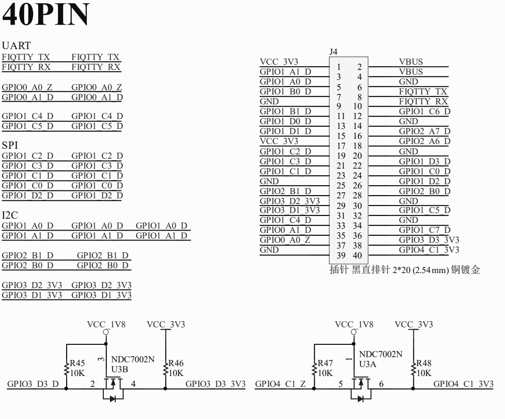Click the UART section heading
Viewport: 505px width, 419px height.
click(16, 45)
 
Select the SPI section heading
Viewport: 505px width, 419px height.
click(9, 145)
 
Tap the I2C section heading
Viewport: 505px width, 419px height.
click(9, 215)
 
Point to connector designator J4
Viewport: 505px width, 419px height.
click(333, 51)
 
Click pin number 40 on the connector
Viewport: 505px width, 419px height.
click(357, 255)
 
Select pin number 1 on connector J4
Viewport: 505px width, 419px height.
click(339, 67)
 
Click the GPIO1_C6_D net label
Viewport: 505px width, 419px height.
click(424, 111)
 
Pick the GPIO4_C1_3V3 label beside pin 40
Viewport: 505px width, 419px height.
click(429, 250)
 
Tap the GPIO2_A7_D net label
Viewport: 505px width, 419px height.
click(424, 131)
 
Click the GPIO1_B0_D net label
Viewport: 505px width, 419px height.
click(286, 92)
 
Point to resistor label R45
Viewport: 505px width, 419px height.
click(77, 363)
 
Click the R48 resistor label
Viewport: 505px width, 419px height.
click(424, 363)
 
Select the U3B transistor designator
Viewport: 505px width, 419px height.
click(119, 369)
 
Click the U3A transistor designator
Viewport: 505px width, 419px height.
click(368, 364)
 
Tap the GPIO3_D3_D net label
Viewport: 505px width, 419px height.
click(33, 384)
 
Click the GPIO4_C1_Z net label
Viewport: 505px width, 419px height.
click(280, 384)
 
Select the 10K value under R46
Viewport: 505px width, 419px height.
click(176, 373)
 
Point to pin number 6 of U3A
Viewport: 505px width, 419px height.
click(381, 384)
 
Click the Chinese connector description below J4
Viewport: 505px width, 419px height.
click(405, 269)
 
